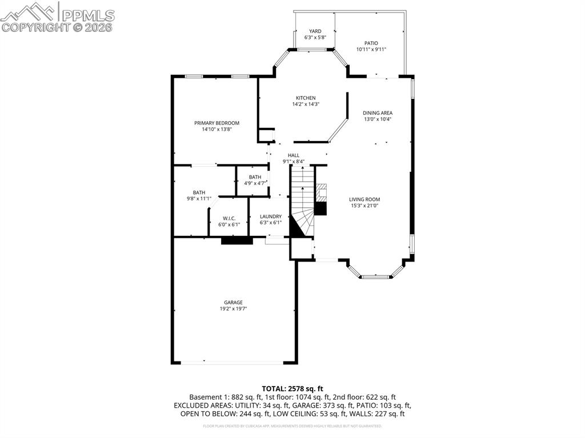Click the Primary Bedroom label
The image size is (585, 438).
(x=217, y=123)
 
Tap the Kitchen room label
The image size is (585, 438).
(x=305, y=98)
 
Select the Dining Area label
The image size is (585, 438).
(x=378, y=112)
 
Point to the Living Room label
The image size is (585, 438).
(x=364, y=199)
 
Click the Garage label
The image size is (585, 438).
(x=233, y=302)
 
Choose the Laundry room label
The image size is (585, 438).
(x=270, y=216)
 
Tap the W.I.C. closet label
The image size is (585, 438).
(x=229, y=218)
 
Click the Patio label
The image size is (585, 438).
(x=371, y=43)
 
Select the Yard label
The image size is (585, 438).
(x=315, y=31)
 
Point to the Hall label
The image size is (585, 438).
(x=294, y=155)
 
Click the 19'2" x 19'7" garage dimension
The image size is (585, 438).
(x=233, y=309)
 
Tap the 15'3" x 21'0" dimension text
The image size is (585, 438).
(x=364, y=206)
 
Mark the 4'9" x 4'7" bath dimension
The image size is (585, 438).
(x=254, y=183)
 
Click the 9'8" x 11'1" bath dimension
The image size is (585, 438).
(x=199, y=199)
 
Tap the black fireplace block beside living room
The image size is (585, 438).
(x=320, y=208)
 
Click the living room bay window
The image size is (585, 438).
(x=375, y=277)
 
